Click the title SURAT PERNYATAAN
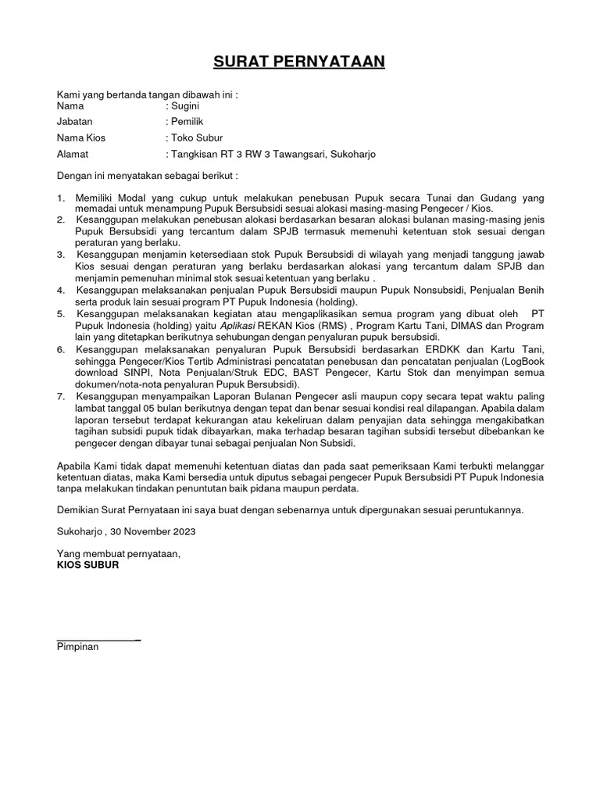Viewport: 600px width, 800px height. pos(300,62)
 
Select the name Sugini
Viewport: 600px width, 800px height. pos(187,105)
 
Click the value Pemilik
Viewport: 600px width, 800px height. pos(187,122)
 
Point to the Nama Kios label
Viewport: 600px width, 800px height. pos(81,138)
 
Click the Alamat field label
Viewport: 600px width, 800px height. pos(73,155)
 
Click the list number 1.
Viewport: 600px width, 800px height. pos(61,199)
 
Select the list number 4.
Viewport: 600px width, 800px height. pos(61,291)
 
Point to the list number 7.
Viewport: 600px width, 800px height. pos(61,396)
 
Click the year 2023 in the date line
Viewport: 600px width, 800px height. pos(183,531)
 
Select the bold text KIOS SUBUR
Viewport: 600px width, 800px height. pos(88,565)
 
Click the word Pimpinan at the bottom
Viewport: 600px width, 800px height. pos(78,648)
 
